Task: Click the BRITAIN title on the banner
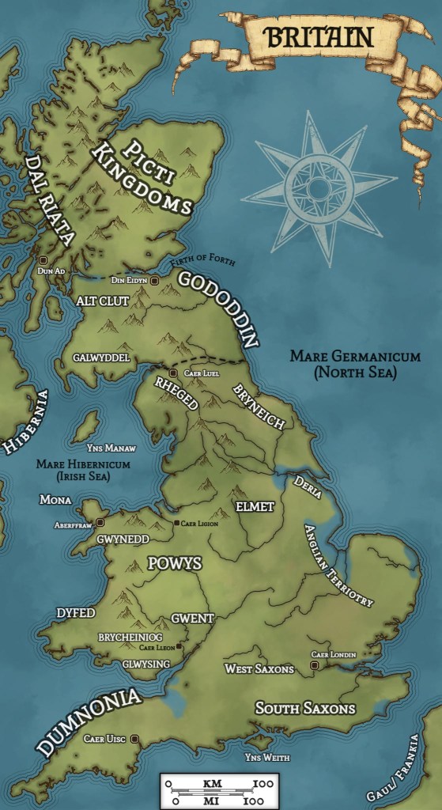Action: click(319, 36)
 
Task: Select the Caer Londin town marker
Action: click(315, 666)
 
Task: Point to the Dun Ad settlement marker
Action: click(43, 259)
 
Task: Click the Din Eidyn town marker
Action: click(155, 281)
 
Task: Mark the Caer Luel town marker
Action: click(173, 373)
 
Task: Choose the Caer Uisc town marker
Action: click(134, 739)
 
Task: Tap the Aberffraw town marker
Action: click(100, 522)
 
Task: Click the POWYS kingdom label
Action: click(175, 564)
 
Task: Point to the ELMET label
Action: click(255, 506)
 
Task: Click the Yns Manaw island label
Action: click(81, 446)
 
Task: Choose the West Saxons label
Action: click(259, 669)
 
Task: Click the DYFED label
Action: click(76, 613)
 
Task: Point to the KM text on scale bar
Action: click(212, 783)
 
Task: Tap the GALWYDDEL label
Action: click(101, 358)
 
